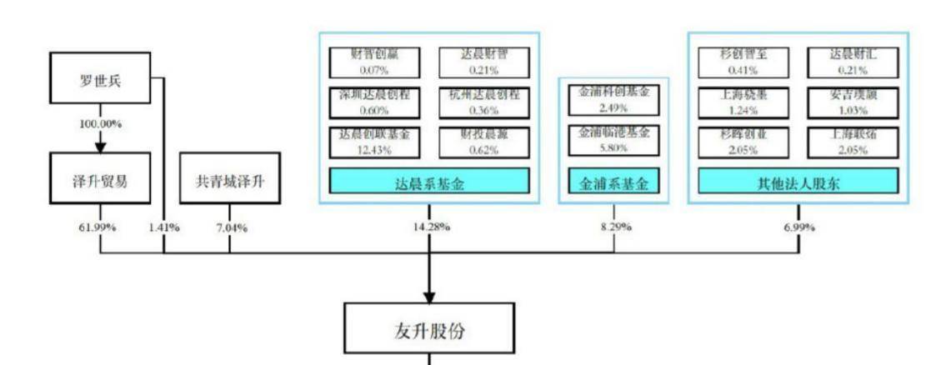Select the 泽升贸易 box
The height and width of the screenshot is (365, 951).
100,178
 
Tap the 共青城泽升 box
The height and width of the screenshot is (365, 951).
229,178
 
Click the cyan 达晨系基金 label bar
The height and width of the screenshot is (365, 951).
429,182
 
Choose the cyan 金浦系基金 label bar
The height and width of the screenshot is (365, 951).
613,182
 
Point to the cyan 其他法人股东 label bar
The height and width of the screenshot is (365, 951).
798,182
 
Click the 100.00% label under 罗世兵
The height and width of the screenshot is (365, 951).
100,123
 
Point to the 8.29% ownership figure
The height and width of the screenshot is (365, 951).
613,227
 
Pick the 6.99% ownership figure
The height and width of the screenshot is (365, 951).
798,227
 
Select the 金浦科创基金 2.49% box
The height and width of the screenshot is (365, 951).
613,100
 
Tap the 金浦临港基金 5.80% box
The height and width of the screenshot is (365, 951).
613,139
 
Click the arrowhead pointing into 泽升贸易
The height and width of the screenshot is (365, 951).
100,147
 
